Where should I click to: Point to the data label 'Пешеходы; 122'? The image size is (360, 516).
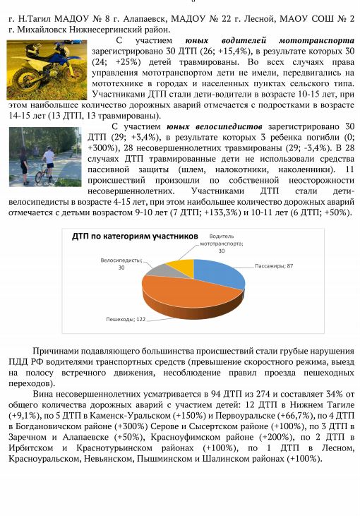pyautogui.click(x=128, y=319)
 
